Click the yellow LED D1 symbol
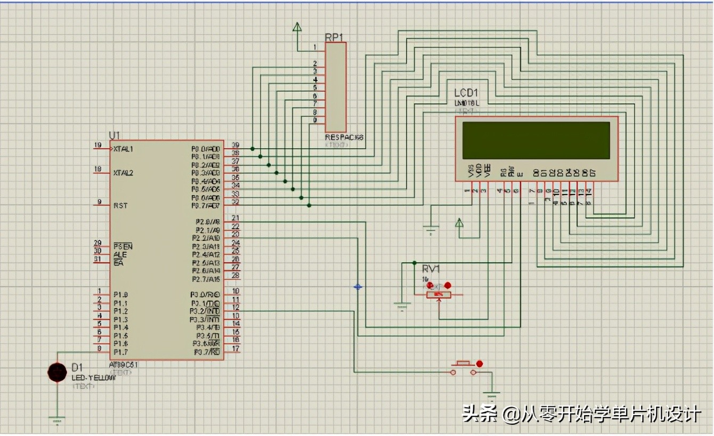click(x=57, y=372)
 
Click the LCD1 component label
click(x=466, y=93)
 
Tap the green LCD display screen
click(x=536, y=140)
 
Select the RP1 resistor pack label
click(x=334, y=37)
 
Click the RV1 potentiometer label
click(x=431, y=269)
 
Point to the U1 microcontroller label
click(x=115, y=135)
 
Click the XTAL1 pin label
click(x=123, y=149)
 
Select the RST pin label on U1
click(x=120, y=206)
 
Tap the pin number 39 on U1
click(x=235, y=145)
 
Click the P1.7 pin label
click(x=120, y=352)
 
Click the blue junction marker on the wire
click(x=358, y=287)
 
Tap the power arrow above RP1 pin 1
click(x=297, y=27)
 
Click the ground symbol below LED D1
click(x=57, y=419)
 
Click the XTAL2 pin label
click(x=123, y=173)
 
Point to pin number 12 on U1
click(x=236, y=308)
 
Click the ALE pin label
click(x=120, y=255)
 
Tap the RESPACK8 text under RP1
click(x=344, y=138)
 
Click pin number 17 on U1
click(x=236, y=349)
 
